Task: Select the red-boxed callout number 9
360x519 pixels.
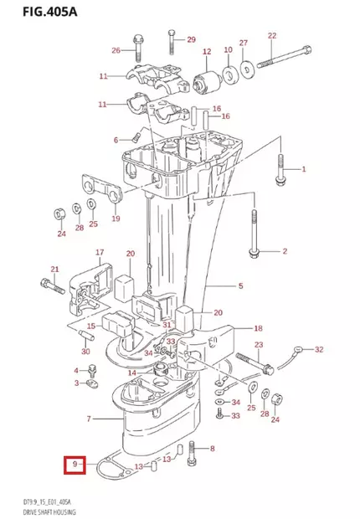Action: point(76,464)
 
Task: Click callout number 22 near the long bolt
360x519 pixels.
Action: point(271,35)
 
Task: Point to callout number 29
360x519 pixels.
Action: point(190,40)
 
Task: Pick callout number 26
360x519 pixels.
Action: point(116,51)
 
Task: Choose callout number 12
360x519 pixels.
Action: point(207,52)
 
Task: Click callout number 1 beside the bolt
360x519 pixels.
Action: point(304,169)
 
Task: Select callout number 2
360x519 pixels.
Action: point(284,251)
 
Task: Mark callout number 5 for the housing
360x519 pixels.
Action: point(240,285)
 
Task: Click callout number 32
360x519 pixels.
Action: point(318,349)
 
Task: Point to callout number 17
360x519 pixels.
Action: point(99,252)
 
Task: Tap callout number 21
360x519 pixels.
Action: point(56,269)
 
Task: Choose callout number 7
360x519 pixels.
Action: point(90,418)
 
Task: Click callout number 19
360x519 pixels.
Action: point(116,218)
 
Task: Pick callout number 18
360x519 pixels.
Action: point(258,328)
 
